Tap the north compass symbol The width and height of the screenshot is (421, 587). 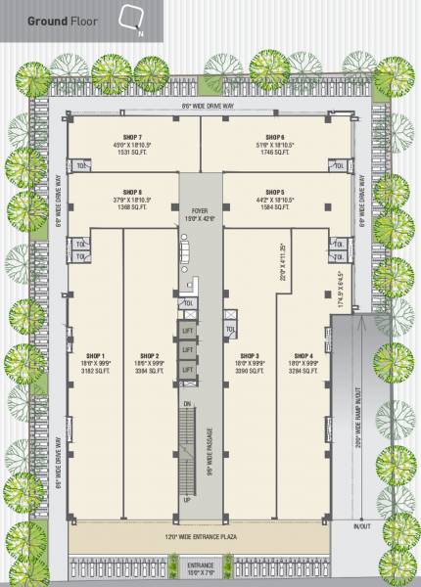point(130,20)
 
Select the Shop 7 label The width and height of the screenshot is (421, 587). point(133,137)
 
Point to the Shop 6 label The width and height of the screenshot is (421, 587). point(274,137)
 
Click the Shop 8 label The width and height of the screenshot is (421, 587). point(133,192)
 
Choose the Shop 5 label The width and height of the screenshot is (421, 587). point(274,192)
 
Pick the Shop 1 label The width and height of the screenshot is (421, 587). point(96,355)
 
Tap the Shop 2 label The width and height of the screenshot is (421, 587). point(150,355)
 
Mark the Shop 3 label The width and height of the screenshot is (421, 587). point(250,355)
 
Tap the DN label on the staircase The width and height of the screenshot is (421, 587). point(186,403)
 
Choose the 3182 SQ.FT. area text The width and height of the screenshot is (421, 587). point(96,372)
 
